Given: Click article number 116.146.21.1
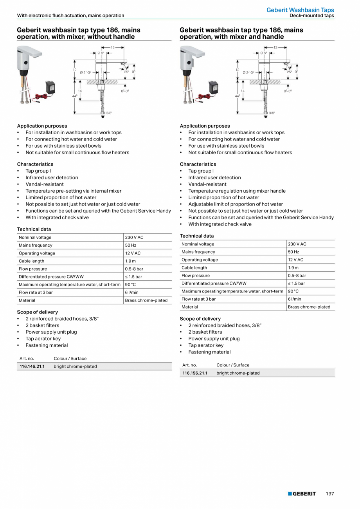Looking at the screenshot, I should pos(32,366).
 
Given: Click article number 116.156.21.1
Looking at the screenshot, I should pos(195,373).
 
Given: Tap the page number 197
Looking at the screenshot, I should pos(330,494).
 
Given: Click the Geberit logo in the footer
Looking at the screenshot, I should pos(302,494).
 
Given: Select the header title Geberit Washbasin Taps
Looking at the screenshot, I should pos(300,10).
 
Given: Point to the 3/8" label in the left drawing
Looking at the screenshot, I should pos(109,113).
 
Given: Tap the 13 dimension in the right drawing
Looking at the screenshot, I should pos(275,47).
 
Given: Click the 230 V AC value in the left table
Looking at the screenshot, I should pos(134,238).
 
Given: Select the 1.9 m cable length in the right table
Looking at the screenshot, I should pos(294,268).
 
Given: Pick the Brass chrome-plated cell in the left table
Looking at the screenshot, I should pos(146,300).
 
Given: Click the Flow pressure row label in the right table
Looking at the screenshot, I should pos(196,276).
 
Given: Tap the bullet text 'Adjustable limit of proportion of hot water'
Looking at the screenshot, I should pos(236,204).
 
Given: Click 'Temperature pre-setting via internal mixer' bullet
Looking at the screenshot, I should pos(74,191).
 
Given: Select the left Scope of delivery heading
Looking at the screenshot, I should pos(37,312).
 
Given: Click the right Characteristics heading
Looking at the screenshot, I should pos(198,164).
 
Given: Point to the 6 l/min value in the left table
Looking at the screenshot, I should pos(131,292).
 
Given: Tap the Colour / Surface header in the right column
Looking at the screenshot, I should pos(233,365).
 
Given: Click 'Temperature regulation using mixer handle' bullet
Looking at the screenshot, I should pos(237,191).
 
